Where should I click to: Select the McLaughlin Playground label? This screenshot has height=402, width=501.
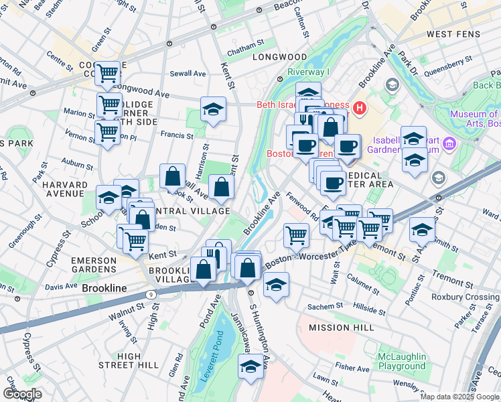point(402,360)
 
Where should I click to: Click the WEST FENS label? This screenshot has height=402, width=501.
point(454,33)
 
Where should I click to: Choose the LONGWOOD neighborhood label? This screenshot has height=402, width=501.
point(279,58)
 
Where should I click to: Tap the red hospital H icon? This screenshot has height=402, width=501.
point(360,107)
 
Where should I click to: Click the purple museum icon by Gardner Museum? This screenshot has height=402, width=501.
point(449,143)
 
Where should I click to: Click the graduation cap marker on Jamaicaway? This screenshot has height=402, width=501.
point(251,367)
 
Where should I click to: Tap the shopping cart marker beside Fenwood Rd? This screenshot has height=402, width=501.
point(296,234)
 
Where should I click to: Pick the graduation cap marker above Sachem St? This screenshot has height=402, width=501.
point(276,284)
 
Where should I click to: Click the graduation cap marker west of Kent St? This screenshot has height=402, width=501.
point(213,109)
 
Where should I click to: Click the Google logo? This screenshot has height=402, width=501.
point(22,394)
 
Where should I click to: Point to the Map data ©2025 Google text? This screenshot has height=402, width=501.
point(459,397)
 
